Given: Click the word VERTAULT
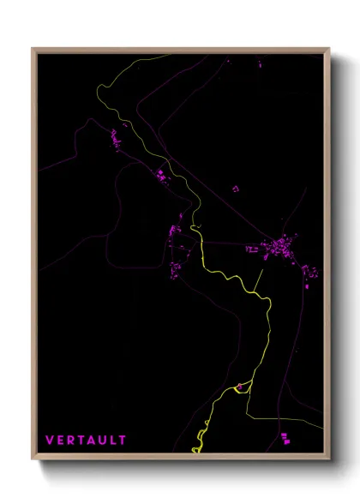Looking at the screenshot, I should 86,440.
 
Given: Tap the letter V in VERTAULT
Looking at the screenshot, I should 50,440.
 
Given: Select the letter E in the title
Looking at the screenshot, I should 60,440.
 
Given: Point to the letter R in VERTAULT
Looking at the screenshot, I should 70,440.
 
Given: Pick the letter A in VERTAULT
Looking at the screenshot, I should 92,440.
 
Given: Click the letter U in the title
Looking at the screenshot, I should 103,440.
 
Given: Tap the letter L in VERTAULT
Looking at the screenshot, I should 113,440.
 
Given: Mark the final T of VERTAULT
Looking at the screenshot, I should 123,440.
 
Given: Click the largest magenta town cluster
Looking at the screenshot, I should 279,249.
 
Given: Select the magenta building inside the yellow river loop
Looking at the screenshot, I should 240,387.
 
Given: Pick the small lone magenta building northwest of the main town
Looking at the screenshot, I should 236,188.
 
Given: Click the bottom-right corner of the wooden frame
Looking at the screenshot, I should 329,459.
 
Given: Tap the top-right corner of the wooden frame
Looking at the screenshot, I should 329,49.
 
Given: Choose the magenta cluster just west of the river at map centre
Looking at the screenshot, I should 175,231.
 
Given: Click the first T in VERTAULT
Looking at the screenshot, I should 81,440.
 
